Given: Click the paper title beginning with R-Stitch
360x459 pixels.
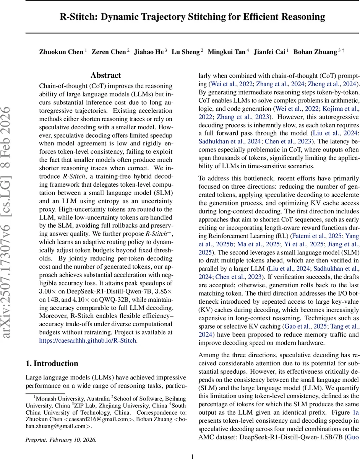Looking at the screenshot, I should (192, 17).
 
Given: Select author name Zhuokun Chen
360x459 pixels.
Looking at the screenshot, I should (61, 52).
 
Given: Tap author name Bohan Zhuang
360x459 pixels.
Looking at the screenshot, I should (315, 52).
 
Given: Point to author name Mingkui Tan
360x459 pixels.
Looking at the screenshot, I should (227, 52).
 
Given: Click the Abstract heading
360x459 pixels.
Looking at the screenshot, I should (106, 75).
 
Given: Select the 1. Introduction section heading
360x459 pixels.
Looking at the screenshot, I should (52, 363).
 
